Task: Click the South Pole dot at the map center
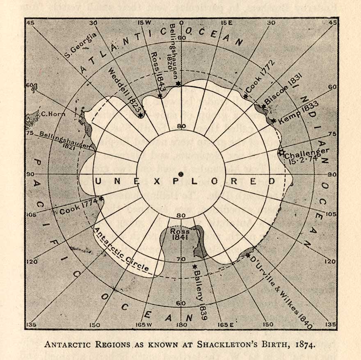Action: [180, 174]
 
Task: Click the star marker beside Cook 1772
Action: [245, 96]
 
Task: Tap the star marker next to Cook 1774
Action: [101, 199]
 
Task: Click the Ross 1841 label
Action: [180, 234]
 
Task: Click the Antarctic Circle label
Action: [121, 250]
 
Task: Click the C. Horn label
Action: [53, 114]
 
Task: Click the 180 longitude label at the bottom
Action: [180, 325]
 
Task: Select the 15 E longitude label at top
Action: [226, 23]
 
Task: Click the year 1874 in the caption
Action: [304, 344]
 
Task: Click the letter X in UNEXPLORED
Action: [156, 181]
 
